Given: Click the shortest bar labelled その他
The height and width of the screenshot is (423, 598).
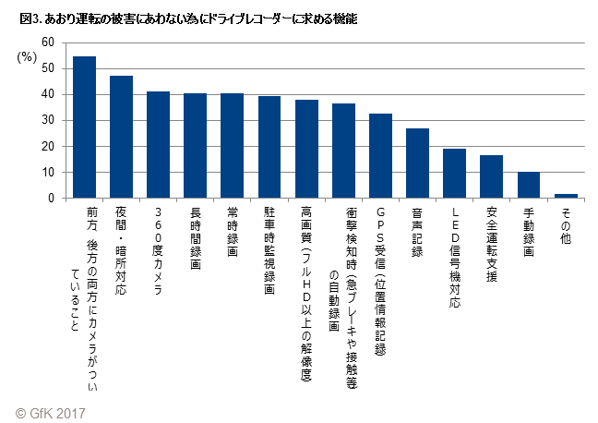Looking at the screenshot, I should [566, 196].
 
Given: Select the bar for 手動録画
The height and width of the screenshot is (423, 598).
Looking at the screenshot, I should [528, 185].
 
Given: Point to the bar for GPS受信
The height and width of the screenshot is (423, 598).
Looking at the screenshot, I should [380, 156].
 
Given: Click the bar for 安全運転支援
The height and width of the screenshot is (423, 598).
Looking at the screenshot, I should [491, 176].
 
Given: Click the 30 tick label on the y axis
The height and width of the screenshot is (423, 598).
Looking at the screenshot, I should [49, 120].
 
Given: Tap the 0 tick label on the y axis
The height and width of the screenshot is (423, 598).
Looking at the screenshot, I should [53, 198].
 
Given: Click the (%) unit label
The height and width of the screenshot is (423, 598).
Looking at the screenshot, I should [29, 57].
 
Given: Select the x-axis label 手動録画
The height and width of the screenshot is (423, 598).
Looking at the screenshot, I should [528, 231].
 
